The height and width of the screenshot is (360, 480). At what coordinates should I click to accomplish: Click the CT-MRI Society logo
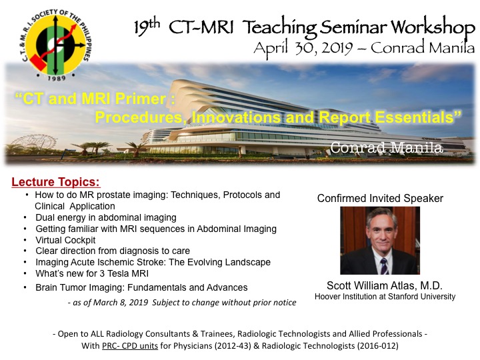(56, 45)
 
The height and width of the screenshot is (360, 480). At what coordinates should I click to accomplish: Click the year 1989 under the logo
(57, 78)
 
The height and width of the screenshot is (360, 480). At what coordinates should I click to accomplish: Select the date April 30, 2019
(303, 49)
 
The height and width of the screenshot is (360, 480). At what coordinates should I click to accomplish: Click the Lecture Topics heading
(56, 182)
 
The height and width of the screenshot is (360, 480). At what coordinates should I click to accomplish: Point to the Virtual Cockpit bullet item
(65, 240)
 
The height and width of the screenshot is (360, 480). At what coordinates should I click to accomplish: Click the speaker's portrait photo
(380, 240)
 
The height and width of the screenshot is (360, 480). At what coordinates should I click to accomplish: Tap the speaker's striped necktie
(383, 266)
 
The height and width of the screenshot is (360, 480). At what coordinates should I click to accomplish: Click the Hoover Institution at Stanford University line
(385, 296)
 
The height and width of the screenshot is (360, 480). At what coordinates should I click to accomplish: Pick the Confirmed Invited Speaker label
(380, 199)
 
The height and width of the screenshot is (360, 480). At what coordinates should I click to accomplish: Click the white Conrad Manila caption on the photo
(386, 147)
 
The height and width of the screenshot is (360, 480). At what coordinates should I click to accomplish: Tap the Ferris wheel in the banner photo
(34, 144)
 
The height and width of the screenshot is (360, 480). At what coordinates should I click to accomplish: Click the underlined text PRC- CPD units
(130, 345)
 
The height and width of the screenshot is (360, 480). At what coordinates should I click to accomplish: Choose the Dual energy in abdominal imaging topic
(106, 217)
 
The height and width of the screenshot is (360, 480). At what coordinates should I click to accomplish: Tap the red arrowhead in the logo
(73, 27)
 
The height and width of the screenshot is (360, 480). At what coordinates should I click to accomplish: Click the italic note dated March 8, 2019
(182, 303)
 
